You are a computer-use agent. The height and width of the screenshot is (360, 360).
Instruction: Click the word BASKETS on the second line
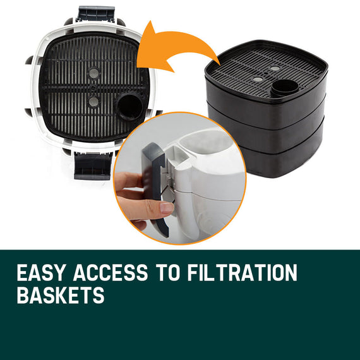60,296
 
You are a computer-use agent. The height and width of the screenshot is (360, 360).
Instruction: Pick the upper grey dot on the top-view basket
93,73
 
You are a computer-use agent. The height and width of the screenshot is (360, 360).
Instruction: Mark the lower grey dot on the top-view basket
93,102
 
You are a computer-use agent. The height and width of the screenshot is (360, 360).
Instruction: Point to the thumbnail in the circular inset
166,207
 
